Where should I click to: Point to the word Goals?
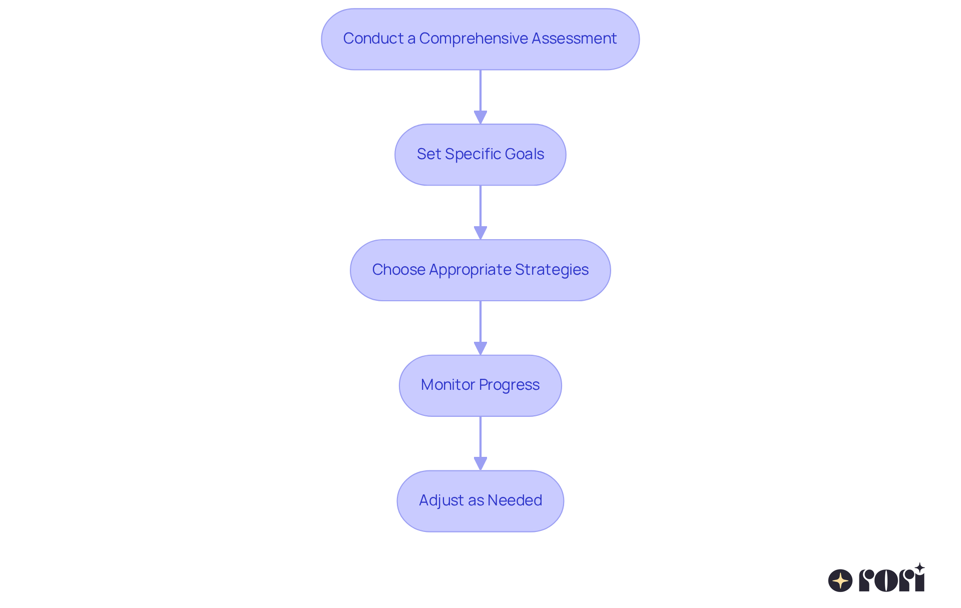[x=525, y=154]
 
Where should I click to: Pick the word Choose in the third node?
[x=398, y=270]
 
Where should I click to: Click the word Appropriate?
[x=470, y=270]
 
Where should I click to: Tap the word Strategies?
[x=552, y=270]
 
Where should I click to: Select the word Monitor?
[x=447, y=385]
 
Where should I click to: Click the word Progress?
[x=509, y=385]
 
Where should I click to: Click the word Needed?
[x=515, y=500]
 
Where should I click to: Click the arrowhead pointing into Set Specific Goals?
[x=480, y=117]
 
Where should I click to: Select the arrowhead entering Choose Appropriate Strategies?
[x=480, y=233]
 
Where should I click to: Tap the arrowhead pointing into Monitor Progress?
[x=480, y=348]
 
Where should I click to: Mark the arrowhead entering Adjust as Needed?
[x=480, y=463]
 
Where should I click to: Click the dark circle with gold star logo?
[x=840, y=580]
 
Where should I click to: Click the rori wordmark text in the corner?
[x=891, y=580]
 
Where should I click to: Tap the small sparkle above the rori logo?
[x=919, y=568]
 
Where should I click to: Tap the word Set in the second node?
[x=428, y=154]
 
